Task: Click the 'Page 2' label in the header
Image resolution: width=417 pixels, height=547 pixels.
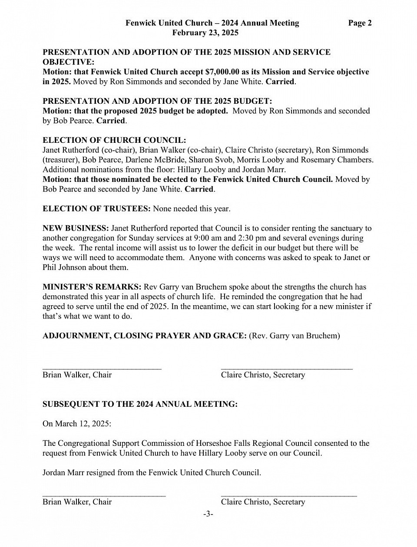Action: pyautogui.click(x=360, y=23)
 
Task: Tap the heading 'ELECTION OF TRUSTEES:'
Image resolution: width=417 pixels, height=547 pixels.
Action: pyautogui.click(x=96, y=208)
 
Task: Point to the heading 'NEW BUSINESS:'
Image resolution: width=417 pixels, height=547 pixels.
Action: pyautogui.click(x=76, y=228)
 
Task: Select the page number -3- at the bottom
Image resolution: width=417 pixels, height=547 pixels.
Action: pyautogui.click(x=208, y=514)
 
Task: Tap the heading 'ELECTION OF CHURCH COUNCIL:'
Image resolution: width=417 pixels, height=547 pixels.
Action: pyautogui.click(x=114, y=140)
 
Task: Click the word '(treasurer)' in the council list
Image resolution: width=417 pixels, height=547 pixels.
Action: pyautogui.click(x=60, y=159)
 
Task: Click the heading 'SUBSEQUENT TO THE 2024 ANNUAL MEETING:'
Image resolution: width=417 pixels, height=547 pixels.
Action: pyautogui.click(x=140, y=404)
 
